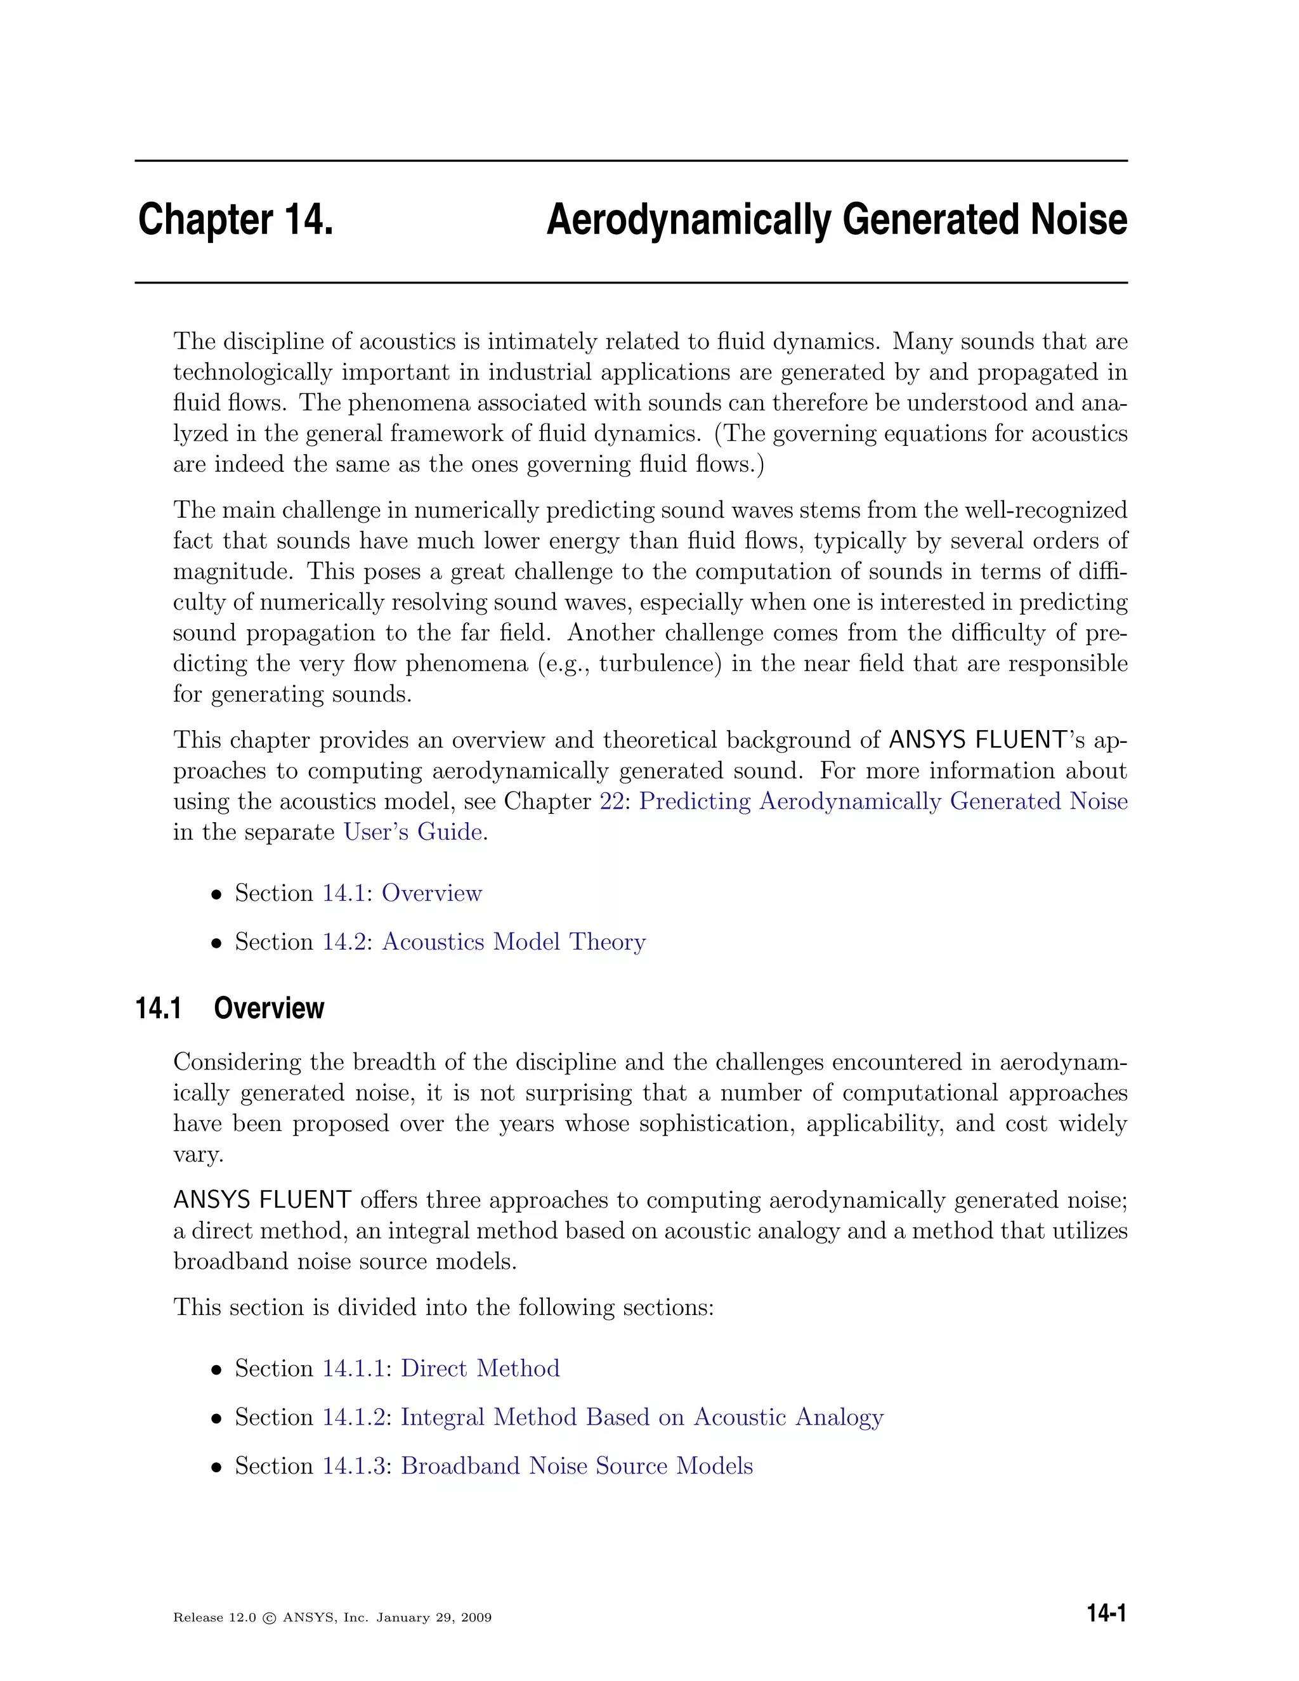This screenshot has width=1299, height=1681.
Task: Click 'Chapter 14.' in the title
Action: [x=235, y=220]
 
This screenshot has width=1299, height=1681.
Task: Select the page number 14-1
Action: [x=1106, y=1614]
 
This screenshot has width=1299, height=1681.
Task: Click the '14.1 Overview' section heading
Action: [x=230, y=1009]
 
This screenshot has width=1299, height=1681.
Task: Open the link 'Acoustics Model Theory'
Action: [x=513, y=942]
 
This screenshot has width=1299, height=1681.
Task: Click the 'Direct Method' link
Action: [x=480, y=1368]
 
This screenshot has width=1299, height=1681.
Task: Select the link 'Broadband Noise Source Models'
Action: [x=577, y=1465]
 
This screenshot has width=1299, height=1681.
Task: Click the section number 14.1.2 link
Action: [x=353, y=1417]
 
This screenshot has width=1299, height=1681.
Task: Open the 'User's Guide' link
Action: [x=414, y=832]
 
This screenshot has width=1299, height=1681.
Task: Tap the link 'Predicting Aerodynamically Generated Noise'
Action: [x=883, y=801]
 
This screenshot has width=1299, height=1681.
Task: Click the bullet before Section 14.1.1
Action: [x=217, y=1370]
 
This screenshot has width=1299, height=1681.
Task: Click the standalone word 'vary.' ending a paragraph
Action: [x=198, y=1155]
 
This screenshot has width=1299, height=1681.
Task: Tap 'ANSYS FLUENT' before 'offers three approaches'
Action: [x=262, y=1200]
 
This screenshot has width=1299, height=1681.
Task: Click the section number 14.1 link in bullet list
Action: [x=343, y=894]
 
